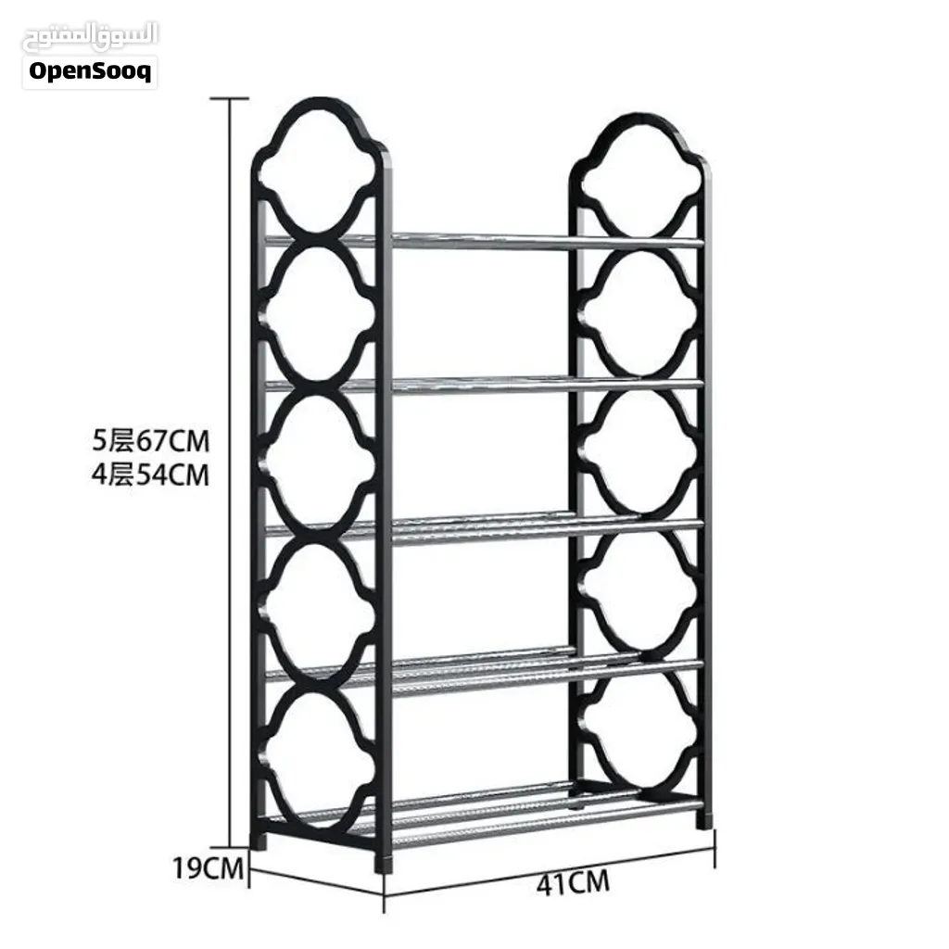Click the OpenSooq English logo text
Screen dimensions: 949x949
point(90,71)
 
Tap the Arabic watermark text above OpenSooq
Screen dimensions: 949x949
point(90,36)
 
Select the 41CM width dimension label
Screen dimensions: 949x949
point(573,883)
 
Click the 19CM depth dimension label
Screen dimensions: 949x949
point(208,868)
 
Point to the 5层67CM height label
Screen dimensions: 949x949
point(151,440)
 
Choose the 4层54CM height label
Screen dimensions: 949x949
point(150,474)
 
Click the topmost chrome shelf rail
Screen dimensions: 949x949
point(484,240)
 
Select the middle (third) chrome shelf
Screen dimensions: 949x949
point(484,525)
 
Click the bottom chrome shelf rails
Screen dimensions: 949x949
point(484,814)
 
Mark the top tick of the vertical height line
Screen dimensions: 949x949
point(230,98)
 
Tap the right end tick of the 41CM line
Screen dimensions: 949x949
point(715,848)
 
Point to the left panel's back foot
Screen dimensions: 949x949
point(258,841)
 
